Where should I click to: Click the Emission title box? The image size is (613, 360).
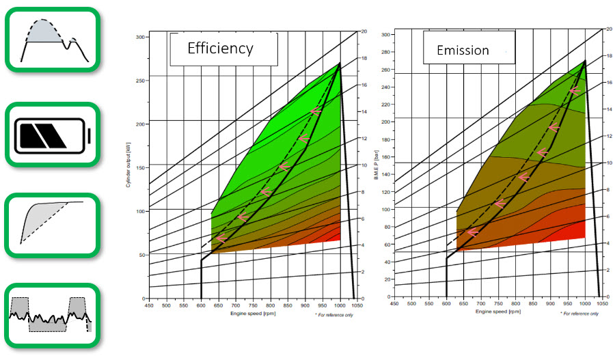pyautogui.click(x=465, y=50)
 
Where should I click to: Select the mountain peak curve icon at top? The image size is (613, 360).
pyautogui.click(x=53, y=38)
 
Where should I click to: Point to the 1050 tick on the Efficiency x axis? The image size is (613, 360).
pyautogui.click(x=357, y=305)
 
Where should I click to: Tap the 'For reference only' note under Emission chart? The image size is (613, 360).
pyautogui.click(x=580, y=313)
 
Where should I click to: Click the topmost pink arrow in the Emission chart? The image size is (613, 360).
pyautogui.click(x=574, y=90)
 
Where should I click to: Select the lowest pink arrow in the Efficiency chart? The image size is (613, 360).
pyautogui.click(x=220, y=238)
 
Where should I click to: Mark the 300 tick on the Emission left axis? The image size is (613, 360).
pyautogui.click(x=385, y=33)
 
